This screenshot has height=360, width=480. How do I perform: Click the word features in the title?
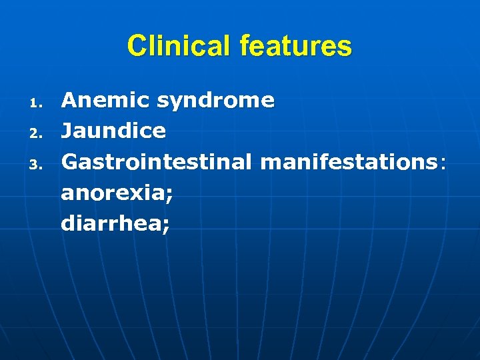(x=296, y=47)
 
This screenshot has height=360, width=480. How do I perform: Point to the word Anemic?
(x=105, y=101)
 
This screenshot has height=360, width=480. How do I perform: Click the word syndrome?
(x=216, y=101)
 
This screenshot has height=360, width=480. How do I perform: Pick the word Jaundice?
(x=113, y=131)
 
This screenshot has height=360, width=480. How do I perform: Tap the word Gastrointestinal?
(x=157, y=161)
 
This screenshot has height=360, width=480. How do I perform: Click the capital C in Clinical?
(x=136, y=47)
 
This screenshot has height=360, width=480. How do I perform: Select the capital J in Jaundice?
(x=67, y=131)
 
